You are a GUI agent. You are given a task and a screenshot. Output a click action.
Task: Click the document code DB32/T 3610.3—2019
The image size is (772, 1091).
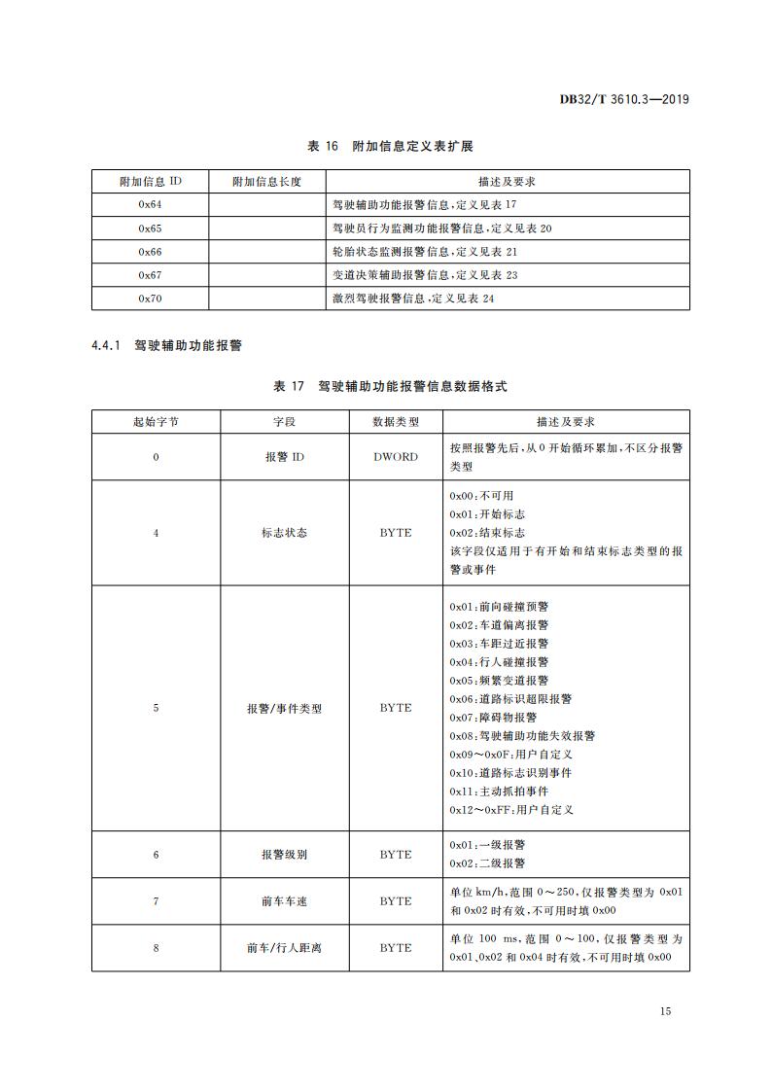pyautogui.click(x=625, y=99)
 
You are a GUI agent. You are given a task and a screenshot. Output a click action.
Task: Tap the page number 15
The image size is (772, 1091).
pyautogui.click(x=665, y=1011)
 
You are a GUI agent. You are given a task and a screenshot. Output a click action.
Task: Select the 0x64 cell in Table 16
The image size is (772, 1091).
pyautogui.click(x=150, y=205)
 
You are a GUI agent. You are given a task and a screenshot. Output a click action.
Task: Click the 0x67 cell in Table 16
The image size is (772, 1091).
pyautogui.click(x=150, y=275)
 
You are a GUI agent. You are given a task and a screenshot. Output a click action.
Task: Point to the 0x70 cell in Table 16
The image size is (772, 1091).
pyautogui.click(x=150, y=299)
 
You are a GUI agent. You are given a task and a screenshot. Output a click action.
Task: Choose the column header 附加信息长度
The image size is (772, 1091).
pyautogui.click(x=267, y=182)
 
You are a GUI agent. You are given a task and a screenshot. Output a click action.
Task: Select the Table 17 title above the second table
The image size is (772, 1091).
pyautogui.click(x=390, y=386)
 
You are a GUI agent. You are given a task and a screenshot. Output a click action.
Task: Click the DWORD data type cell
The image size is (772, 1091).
pyautogui.click(x=396, y=457)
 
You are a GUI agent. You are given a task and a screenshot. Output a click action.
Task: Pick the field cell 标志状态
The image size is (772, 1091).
pyautogui.click(x=284, y=533)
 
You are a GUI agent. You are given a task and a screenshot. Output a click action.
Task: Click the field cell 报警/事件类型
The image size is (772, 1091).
pyautogui.click(x=284, y=708)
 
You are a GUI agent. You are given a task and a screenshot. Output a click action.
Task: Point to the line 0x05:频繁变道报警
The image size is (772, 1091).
pyautogui.click(x=499, y=681)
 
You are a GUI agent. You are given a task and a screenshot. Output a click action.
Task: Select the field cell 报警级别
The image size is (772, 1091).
pyautogui.click(x=284, y=855)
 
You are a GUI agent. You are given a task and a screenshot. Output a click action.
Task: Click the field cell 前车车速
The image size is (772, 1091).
pyautogui.click(x=284, y=901)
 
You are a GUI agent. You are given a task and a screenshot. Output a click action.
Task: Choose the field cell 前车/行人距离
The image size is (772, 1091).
pyautogui.click(x=284, y=948)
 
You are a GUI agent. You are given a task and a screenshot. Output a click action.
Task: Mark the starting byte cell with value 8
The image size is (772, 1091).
pyautogui.click(x=156, y=948)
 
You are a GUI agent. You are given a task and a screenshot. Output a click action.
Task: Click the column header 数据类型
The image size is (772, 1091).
pyautogui.click(x=396, y=422)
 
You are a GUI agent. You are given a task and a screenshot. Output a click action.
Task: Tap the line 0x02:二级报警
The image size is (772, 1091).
pyautogui.click(x=487, y=863)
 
